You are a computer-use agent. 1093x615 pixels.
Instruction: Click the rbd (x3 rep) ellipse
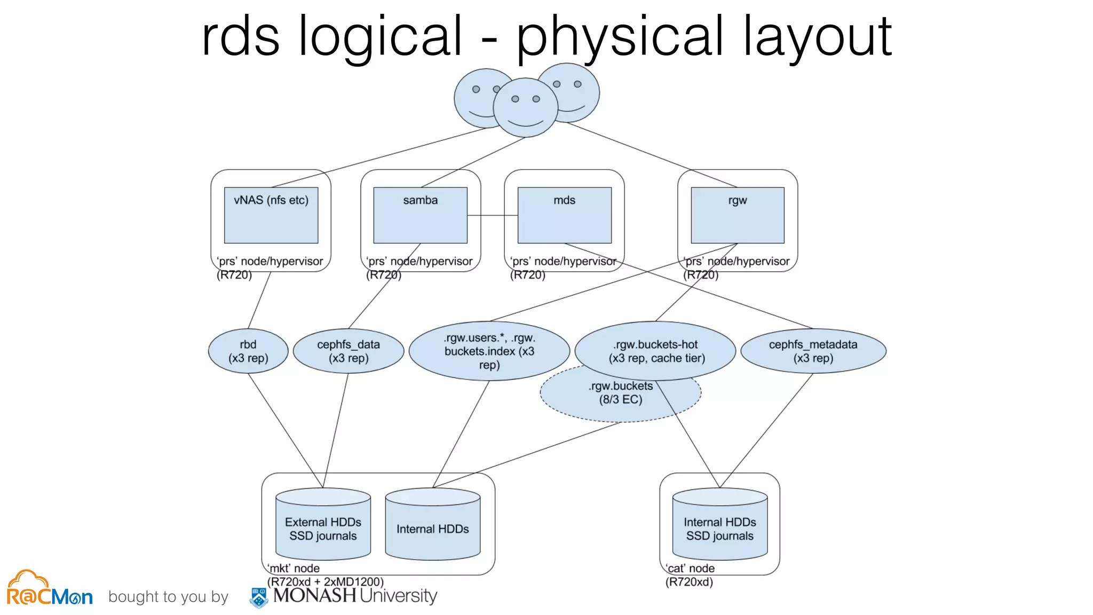(x=248, y=351)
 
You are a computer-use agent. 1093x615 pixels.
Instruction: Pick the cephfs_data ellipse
(x=349, y=351)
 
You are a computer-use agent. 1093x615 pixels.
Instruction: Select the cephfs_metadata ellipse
(x=813, y=351)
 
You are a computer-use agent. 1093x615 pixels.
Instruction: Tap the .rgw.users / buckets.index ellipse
(x=489, y=351)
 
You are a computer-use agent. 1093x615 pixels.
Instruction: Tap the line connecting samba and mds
(x=492, y=215)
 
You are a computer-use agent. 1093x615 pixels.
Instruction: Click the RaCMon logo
(x=49, y=589)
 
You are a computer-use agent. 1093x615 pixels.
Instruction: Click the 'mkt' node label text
(x=294, y=569)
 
